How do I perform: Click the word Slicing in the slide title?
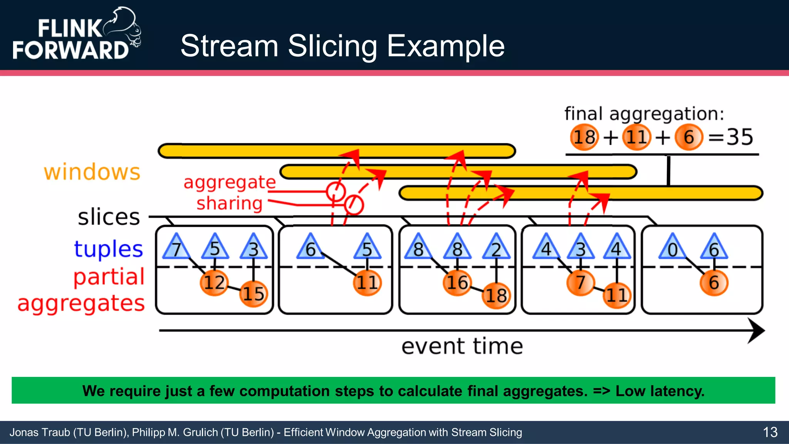(332, 46)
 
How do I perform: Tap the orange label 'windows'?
(92, 172)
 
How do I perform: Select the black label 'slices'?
(109, 217)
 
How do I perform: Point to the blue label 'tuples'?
(108, 249)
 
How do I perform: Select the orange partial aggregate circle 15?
(253, 294)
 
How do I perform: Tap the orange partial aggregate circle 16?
(457, 283)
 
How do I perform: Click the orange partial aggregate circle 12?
(214, 283)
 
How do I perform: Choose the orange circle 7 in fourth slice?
(580, 283)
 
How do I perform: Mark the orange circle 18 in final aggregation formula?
(584, 137)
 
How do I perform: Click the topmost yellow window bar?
(337, 151)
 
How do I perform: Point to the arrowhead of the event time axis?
(757, 331)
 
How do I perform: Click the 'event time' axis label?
(462, 346)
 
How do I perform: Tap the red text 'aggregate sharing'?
(230, 192)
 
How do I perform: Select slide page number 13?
(770, 432)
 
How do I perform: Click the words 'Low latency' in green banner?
(660, 391)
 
